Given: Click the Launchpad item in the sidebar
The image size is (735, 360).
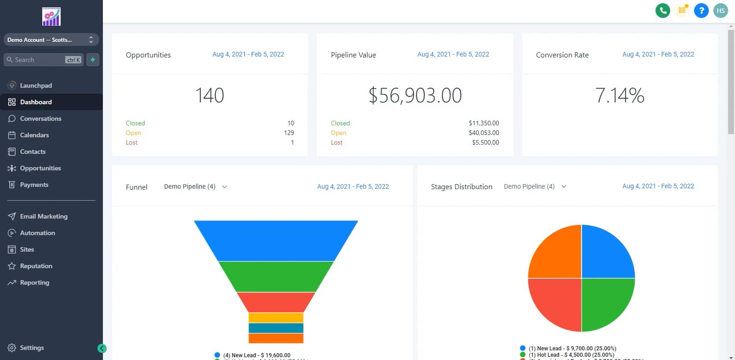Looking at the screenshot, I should tap(36, 85).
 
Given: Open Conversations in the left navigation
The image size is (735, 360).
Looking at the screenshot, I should tap(40, 118).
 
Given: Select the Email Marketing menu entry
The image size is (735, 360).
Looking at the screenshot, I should tap(44, 216).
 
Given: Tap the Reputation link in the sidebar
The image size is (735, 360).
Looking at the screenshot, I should tap(36, 266).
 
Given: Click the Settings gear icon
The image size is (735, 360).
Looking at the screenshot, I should tap(12, 348).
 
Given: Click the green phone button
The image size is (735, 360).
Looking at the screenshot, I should tap(662, 11).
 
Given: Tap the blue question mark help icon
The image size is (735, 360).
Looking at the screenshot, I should tap(701, 11).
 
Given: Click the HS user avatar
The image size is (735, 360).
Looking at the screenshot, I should tap(720, 11).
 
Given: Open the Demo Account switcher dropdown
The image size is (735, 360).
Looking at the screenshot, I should tap(51, 40).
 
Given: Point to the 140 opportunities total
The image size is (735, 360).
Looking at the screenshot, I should tap(209, 96).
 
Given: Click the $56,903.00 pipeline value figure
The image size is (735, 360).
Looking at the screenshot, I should tap(415, 96).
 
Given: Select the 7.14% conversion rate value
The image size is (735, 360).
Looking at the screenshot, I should tap(620, 96).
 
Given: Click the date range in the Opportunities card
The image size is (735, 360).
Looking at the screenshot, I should tap(248, 54).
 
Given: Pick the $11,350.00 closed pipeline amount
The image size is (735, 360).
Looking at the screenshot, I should tap(484, 123).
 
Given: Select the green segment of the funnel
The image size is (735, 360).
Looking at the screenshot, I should tap(276, 276).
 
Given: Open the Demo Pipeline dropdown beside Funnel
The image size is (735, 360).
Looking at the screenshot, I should tap(195, 186).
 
